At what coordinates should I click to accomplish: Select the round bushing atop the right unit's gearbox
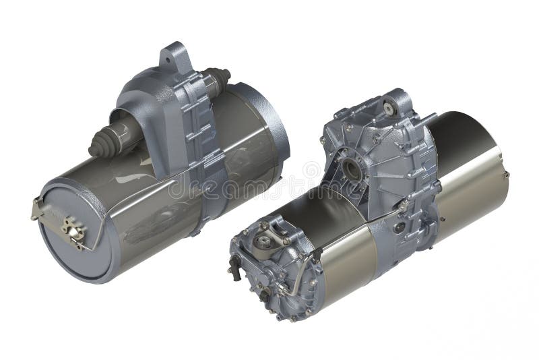[389, 104]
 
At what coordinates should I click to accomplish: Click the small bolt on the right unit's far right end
[505, 174]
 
